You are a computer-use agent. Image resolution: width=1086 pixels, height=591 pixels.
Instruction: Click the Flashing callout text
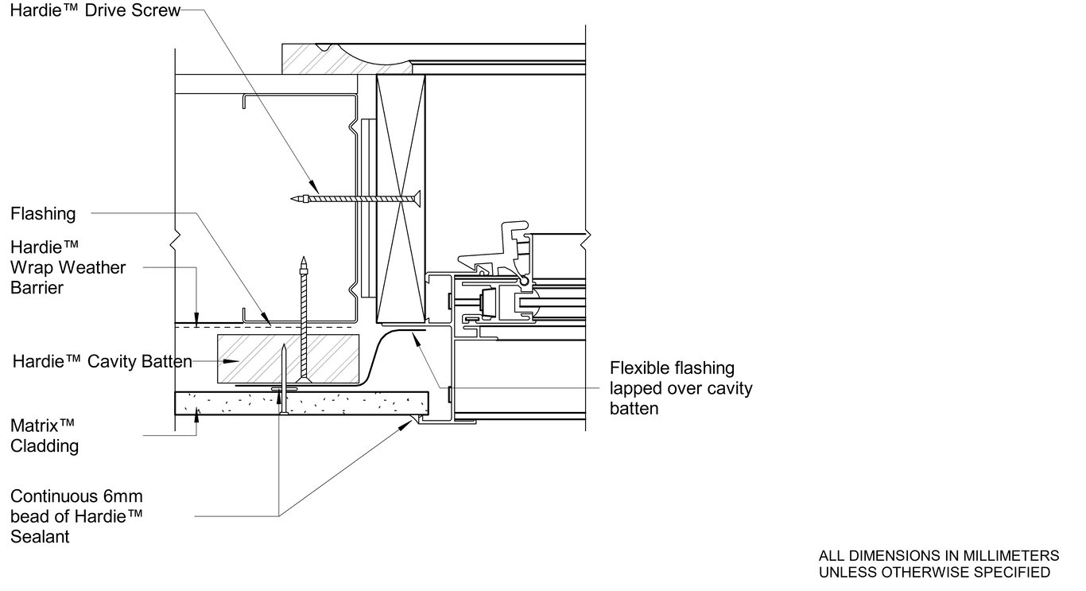[x=43, y=213]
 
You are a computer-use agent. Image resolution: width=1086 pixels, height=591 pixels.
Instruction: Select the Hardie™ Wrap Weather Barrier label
[x=68, y=267]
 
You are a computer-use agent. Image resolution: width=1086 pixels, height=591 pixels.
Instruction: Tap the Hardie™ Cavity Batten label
[x=102, y=362]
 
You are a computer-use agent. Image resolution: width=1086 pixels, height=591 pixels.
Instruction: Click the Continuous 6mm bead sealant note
[x=76, y=516]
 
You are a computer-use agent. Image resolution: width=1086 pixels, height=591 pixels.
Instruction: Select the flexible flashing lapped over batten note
[x=681, y=389]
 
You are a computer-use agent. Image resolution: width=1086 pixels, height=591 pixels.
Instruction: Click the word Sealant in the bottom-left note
[x=40, y=537]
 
